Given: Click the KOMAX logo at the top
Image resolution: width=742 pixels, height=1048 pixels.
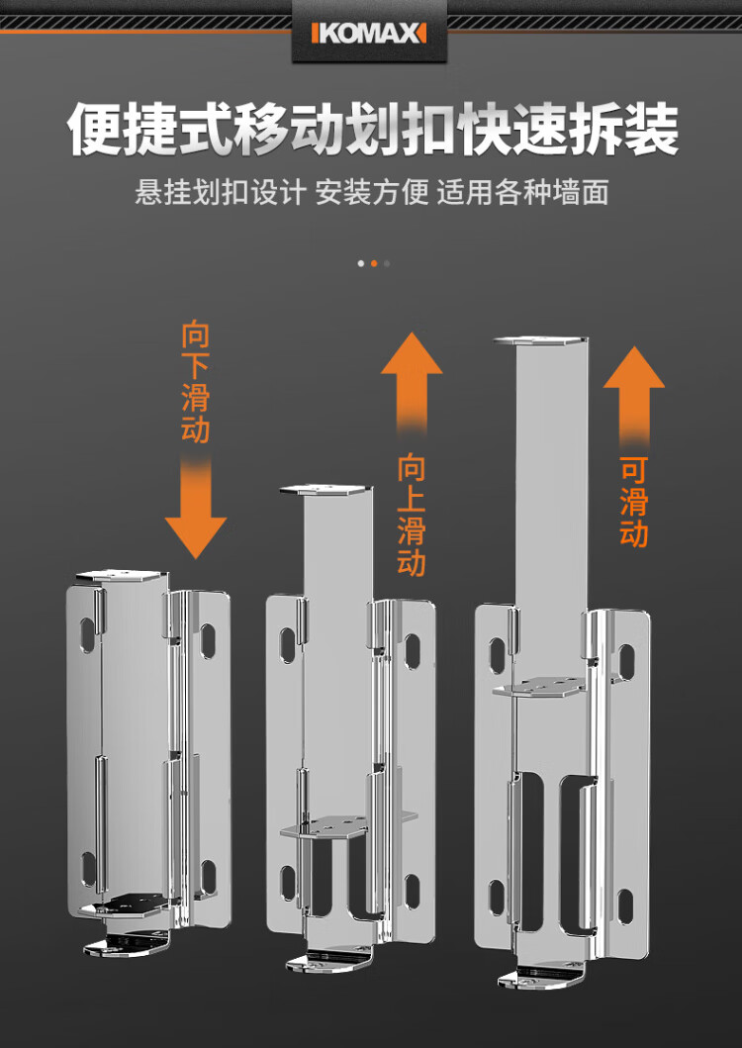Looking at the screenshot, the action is point(368,33).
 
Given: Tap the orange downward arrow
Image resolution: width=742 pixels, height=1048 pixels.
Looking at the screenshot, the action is point(195,508).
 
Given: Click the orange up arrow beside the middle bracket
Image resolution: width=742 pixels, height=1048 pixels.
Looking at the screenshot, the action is point(412,383).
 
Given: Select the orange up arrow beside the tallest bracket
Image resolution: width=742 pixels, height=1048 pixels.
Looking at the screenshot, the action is point(634,397).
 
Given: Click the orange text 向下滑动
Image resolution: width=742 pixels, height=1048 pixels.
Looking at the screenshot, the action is point(195,383).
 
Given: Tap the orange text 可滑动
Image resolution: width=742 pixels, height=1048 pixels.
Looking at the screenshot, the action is point(634,502).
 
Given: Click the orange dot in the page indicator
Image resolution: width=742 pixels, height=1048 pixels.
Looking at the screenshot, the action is point(374,263).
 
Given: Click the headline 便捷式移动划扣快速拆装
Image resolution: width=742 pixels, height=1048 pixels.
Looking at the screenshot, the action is point(372,129).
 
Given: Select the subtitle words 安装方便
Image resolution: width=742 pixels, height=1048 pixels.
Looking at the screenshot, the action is point(372,193).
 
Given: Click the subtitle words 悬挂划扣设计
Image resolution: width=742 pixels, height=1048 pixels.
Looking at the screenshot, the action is point(220,193).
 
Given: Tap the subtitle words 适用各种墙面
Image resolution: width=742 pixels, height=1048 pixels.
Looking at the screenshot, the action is point(522,193).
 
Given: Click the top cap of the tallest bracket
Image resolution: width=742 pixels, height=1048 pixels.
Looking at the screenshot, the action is point(541,340).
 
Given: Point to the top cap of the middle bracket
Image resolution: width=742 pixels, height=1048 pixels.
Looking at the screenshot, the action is point(325,490).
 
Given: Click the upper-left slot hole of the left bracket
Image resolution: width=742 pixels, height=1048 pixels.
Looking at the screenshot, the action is point(88,635).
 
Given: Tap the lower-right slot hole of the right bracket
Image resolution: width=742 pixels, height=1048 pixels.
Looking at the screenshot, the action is point(625,906).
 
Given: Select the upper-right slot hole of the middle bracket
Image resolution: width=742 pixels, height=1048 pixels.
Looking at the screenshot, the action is point(412,651).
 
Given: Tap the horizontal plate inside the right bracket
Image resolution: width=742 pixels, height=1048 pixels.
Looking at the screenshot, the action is point(539,687).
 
